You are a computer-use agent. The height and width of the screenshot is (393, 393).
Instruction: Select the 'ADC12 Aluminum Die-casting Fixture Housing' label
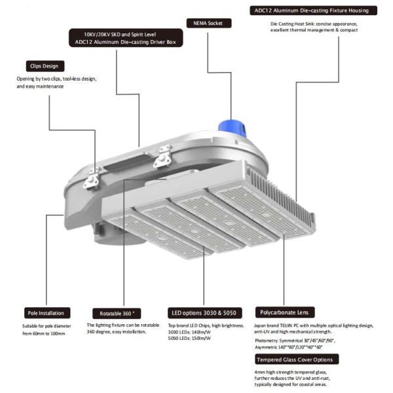[x=314, y=10]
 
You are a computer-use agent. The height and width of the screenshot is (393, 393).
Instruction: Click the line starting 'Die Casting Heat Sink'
[x=313, y=24]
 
